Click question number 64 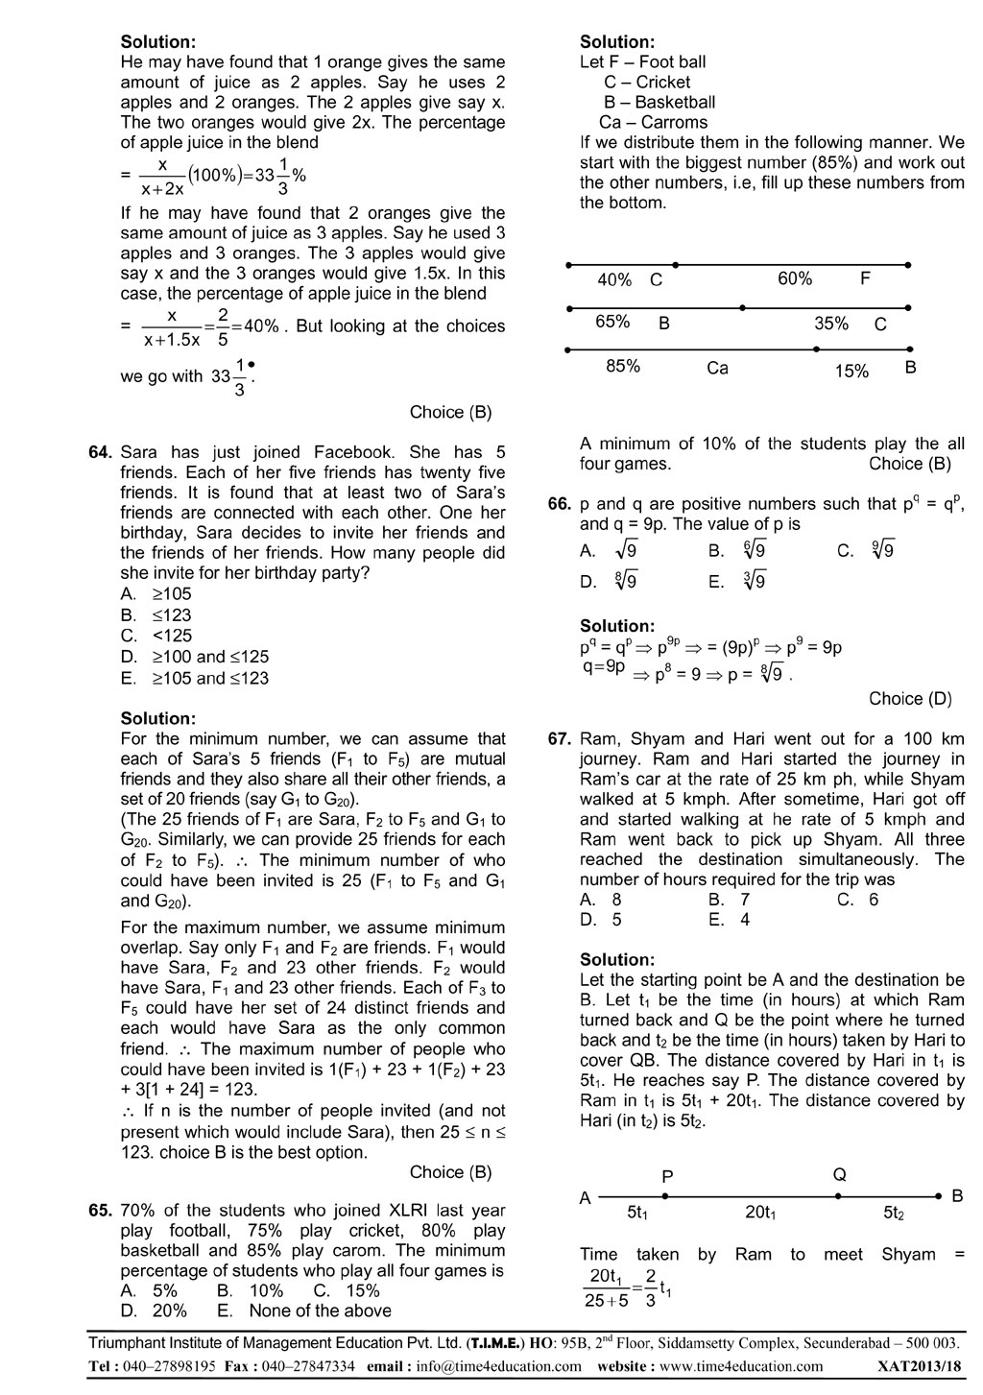pos(101,452)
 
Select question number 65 pos(101,1211)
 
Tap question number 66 pos(560,504)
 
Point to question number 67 pos(560,739)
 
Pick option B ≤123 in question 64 pos(156,614)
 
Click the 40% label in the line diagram pos(614,280)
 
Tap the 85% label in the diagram pos(623,366)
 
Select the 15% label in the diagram pos(851,372)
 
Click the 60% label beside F pos(795,278)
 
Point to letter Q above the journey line pos(839,1174)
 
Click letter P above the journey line pos(667,1176)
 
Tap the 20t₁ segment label pos(760,1214)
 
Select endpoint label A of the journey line pos(586,1197)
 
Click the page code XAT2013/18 pos(918,1366)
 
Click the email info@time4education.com pos(499,1366)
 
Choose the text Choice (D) pos(910,699)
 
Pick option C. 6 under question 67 pos(857,900)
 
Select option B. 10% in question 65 pos(251,1290)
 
